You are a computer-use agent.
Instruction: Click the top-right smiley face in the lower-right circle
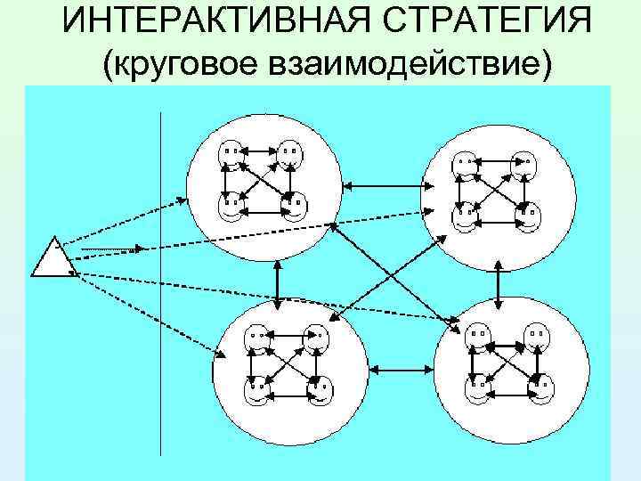click(536, 338)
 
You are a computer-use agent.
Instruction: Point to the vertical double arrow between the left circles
click(280, 284)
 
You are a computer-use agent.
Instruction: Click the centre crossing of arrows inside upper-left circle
click(260, 182)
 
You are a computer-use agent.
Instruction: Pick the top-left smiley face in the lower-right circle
click(475, 339)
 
